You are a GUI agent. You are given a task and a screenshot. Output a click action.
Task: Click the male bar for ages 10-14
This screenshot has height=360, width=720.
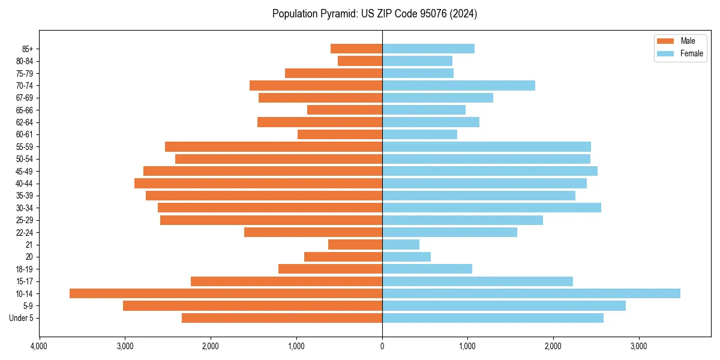pyautogui.click(x=226, y=293)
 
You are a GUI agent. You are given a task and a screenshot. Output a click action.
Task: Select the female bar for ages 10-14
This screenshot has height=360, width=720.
pyautogui.click(x=531, y=293)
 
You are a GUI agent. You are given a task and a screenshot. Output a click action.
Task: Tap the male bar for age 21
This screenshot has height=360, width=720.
pyautogui.click(x=355, y=244)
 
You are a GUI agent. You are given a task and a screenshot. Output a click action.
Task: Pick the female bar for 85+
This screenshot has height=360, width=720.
pyautogui.click(x=428, y=49)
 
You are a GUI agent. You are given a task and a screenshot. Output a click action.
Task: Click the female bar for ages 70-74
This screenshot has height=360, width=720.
pyautogui.click(x=458, y=85)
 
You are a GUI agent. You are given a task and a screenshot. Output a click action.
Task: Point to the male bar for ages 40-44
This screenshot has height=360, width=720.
pyautogui.click(x=258, y=183)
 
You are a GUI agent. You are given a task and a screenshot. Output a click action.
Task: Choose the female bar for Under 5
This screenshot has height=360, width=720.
pyautogui.click(x=493, y=318)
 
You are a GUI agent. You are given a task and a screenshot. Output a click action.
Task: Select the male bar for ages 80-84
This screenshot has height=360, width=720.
pyautogui.click(x=360, y=61)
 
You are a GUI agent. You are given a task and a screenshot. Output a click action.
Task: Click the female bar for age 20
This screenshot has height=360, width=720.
pyautogui.click(x=406, y=257)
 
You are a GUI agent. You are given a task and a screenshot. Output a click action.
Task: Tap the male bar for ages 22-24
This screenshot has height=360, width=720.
pyautogui.click(x=313, y=232)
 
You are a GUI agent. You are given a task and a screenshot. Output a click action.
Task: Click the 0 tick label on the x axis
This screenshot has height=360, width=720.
pyautogui.click(x=382, y=346)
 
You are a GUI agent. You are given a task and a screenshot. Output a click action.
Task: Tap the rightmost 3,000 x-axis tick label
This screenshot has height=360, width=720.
pyautogui.click(x=638, y=346)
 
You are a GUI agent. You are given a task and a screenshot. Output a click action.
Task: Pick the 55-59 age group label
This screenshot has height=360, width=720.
pyautogui.click(x=25, y=146)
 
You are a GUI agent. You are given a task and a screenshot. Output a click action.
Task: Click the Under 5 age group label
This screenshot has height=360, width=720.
pyautogui.click(x=21, y=318)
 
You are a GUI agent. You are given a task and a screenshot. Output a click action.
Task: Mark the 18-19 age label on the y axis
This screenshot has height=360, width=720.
pyautogui.click(x=25, y=269)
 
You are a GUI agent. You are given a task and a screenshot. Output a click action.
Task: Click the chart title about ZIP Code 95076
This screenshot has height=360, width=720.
pyautogui.click(x=374, y=14)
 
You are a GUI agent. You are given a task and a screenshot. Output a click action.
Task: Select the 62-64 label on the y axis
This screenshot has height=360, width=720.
pyautogui.click(x=25, y=122)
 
